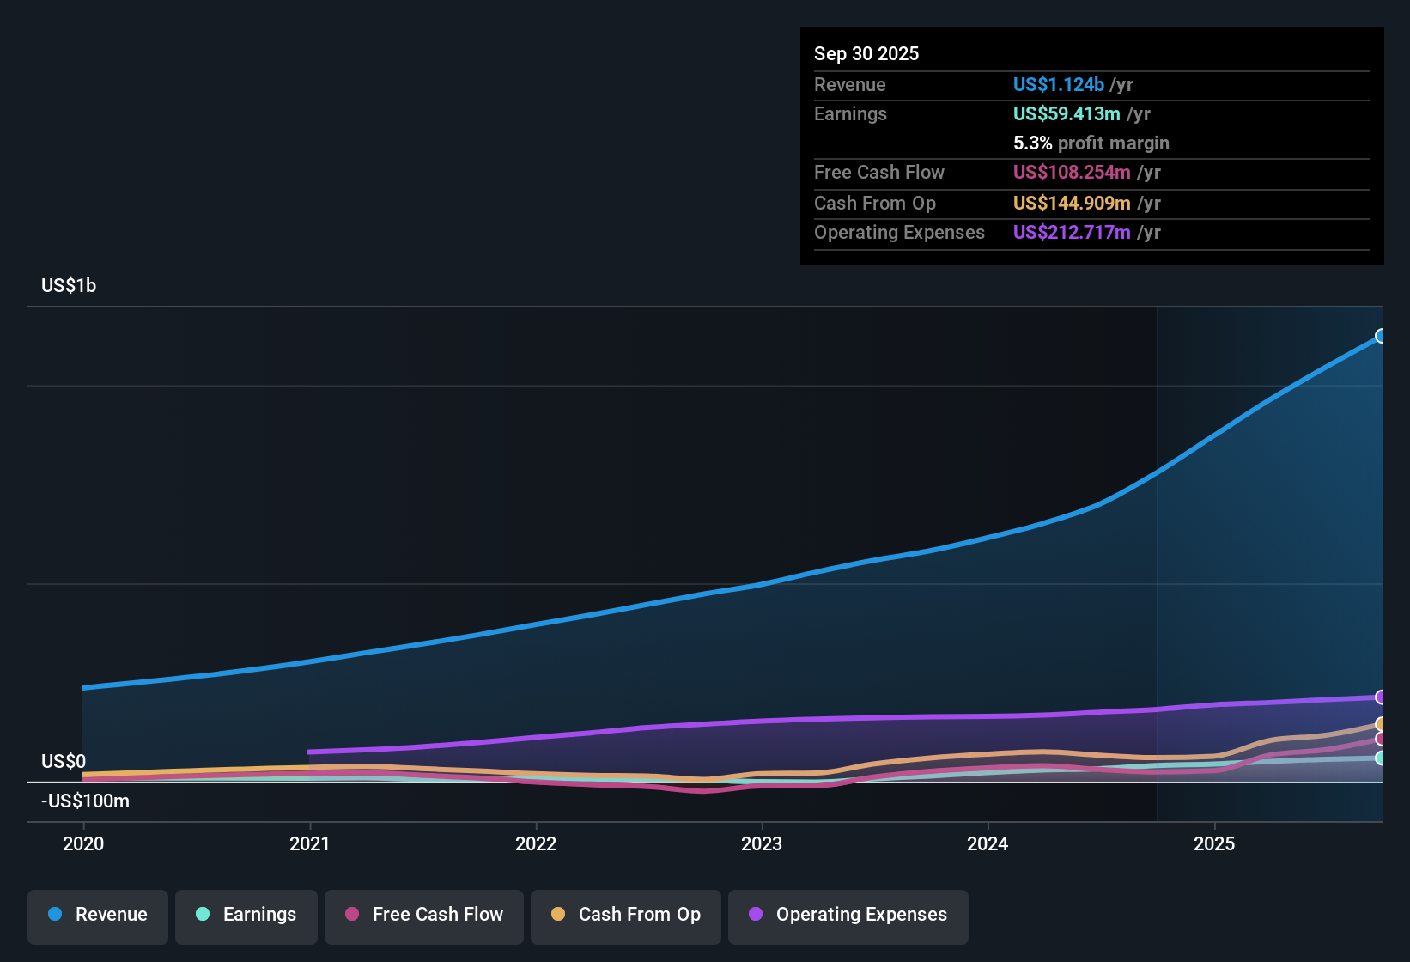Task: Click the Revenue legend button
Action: coord(98,915)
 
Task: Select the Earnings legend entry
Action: coord(246,915)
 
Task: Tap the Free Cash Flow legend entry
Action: coord(424,915)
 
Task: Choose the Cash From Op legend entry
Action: coord(626,915)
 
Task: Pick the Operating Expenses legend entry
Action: coord(848,915)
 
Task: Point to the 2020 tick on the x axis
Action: coord(83,843)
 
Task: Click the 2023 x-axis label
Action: coord(762,843)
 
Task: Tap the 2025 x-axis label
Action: coord(1214,843)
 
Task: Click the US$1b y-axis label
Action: coord(69,286)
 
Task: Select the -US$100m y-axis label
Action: coord(85,801)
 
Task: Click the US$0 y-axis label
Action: coord(64,762)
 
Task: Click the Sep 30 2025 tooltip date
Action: coord(866,54)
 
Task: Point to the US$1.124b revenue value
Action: coord(1058,85)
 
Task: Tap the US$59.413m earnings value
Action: coord(1067,114)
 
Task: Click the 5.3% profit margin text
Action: coord(1091,143)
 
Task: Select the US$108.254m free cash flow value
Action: coord(1072,173)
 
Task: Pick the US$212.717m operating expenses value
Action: coord(1072,233)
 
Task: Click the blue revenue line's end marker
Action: coord(1380,336)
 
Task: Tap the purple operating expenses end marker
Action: coord(1380,697)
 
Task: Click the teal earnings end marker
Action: coord(1380,758)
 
